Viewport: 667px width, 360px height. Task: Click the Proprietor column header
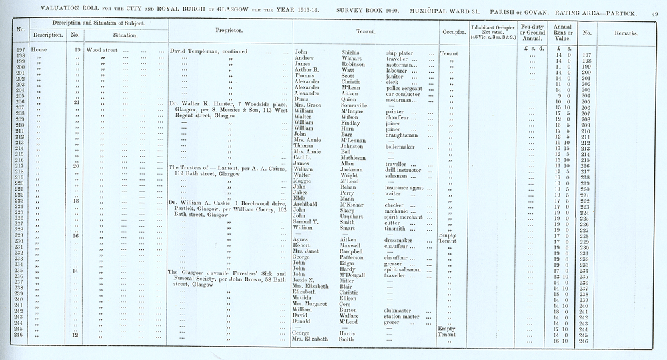point(228,31)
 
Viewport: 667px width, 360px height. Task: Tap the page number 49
point(657,7)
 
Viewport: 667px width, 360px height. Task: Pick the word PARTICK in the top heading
point(628,7)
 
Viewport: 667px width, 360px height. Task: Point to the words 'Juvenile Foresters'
point(231,273)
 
